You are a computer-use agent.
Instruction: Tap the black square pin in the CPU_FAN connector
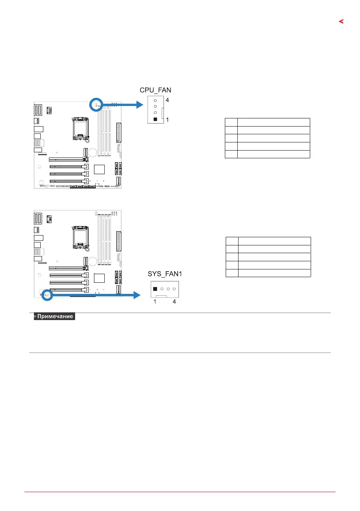pos(155,119)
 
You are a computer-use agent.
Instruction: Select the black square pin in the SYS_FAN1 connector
pos(155,289)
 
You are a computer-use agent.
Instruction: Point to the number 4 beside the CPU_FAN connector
pos(167,100)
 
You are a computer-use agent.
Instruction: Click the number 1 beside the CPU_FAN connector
pos(167,120)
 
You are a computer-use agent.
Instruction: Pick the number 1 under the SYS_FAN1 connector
pos(155,302)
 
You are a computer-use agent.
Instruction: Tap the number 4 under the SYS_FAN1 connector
pos(175,302)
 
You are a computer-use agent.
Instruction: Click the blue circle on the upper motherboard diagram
pos(97,104)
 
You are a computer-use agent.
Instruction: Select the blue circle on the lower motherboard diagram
pos(47,294)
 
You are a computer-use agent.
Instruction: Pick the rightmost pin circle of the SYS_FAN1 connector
pos(175,289)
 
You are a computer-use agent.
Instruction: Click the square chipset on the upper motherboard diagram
pos(99,169)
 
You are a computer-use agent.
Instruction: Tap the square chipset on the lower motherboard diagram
pos(99,278)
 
